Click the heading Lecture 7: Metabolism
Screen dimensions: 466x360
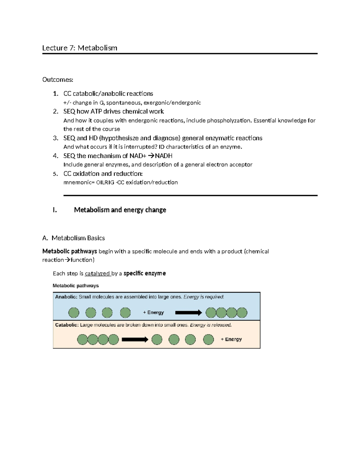click(79, 48)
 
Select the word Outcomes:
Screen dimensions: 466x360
click(58, 80)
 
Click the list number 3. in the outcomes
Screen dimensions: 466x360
click(55, 138)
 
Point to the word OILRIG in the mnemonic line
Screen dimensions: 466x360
click(105, 182)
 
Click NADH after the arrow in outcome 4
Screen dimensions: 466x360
click(163, 156)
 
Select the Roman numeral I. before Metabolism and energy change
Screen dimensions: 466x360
click(55, 210)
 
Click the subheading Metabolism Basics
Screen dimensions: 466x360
click(78, 238)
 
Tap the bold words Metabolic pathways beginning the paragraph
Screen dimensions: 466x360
click(70, 251)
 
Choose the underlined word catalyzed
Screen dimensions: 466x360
click(97, 273)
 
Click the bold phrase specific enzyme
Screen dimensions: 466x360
click(145, 273)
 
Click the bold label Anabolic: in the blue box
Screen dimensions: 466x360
click(66, 297)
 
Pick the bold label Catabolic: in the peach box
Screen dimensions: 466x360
click(67, 325)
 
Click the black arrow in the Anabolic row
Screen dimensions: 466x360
click(188, 313)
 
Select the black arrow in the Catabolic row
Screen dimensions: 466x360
click(135, 340)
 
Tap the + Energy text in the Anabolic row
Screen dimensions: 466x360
click(153, 312)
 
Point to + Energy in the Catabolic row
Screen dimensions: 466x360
click(231, 339)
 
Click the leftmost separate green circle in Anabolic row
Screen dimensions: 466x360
click(74, 313)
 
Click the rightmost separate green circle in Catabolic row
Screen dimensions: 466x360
click(208, 340)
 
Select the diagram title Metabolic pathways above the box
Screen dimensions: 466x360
click(76, 286)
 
